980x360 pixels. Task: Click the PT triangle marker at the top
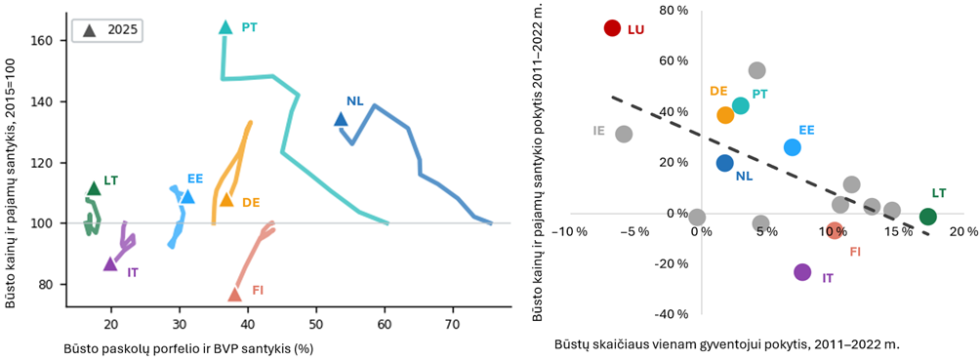pyautogui.click(x=225, y=27)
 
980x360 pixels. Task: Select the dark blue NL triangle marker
pyautogui.click(x=341, y=119)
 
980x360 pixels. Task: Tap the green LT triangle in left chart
pyautogui.click(x=94, y=188)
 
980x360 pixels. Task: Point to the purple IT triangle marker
pyautogui.click(x=110, y=263)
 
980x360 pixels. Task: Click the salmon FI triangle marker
pyautogui.click(x=235, y=295)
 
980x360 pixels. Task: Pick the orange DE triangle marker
pyautogui.click(x=226, y=199)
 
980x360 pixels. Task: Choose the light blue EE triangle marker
pyautogui.click(x=187, y=197)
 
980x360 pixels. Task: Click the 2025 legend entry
pyautogui.click(x=106, y=28)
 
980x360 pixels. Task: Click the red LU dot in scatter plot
pyautogui.click(x=612, y=28)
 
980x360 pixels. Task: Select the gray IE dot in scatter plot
pyautogui.click(x=624, y=134)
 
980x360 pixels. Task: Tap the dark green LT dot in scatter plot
pyautogui.click(x=928, y=217)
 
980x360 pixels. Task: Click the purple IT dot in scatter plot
pyautogui.click(x=802, y=272)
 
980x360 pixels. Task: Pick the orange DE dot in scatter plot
pyautogui.click(x=725, y=115)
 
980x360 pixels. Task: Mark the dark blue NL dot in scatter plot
pyautogui.click(x=724, y=163)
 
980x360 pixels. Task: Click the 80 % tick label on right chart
pyautogui.click(x=675, y=10)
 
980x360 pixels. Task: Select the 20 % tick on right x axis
pyautogui.click(x=961, y=232)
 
